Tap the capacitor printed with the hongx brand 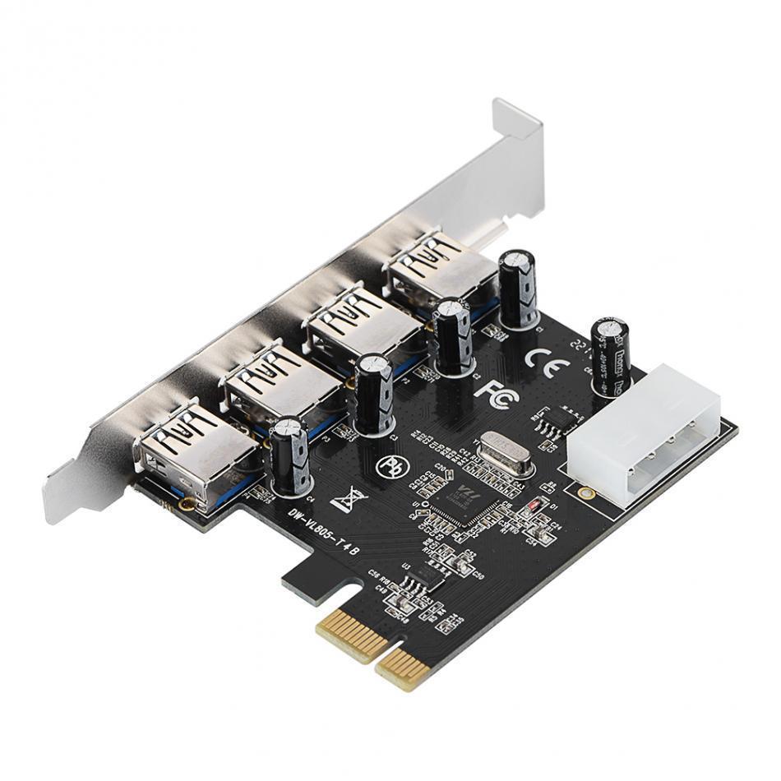tap(611, 356)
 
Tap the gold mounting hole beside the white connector tap(585, 493)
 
